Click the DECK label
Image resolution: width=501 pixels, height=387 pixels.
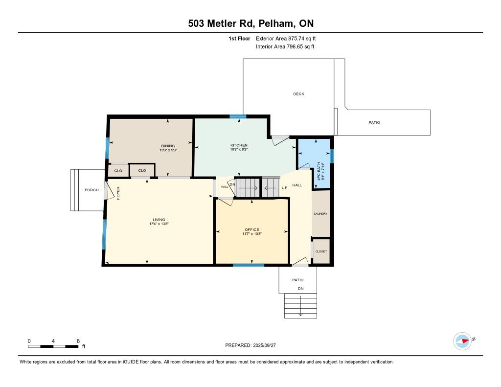pos(298,94)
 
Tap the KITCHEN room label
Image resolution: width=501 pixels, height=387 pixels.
pos(239,145)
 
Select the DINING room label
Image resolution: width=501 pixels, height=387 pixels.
pos(168,146)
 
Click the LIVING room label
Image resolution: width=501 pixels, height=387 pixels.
pos(159,220)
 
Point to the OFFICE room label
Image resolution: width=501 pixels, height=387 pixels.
pos(252,230)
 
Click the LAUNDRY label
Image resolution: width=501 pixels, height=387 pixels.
pos(320,214)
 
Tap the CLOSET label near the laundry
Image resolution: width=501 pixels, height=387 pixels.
pos(321,251)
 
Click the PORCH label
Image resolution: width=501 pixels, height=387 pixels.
pos(91,190)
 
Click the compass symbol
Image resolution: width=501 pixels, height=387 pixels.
pos(462,341)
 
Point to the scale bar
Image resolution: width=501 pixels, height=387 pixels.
pos(53,346)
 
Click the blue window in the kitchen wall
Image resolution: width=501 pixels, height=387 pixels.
pos(238,116)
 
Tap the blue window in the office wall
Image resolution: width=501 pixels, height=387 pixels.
pos(249,265)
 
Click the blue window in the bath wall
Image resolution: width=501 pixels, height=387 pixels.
pos(332,156)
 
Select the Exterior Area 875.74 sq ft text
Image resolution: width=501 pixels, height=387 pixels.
pos(286,39)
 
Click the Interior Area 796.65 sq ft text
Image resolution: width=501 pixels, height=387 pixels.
pos(285,46)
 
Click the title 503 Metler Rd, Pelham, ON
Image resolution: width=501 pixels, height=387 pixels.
pos(251,23)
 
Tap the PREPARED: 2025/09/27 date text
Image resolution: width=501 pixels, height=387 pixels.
pos(250,345)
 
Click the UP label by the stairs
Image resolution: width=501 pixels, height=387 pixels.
pos(284,188)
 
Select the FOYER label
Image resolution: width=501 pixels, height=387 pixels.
pos(118,193)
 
